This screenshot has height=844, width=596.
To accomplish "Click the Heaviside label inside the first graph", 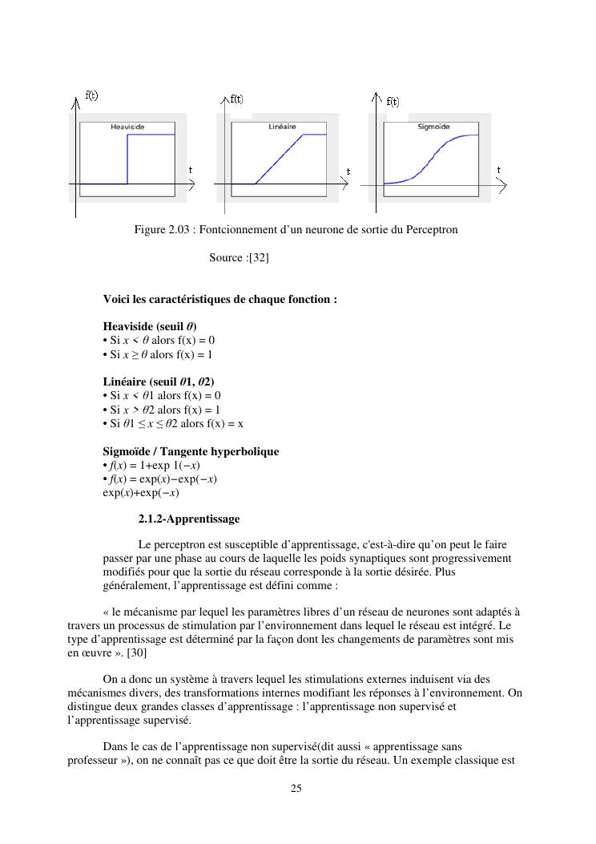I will pos(127,127).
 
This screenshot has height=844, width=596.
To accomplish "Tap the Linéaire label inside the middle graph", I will pos(282,127).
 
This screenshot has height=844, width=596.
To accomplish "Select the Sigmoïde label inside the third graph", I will pos(434,127).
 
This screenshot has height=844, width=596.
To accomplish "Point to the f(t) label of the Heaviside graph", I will pos(92,95).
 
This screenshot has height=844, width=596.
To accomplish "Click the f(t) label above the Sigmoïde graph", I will pos(393,102).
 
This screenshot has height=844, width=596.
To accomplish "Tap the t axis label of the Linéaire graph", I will pos(348,171).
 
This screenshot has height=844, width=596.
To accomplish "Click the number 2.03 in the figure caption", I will pos(179,230).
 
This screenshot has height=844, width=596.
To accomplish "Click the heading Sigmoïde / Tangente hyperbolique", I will pos(191,451).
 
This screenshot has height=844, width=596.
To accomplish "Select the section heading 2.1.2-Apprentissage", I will pos(188,519).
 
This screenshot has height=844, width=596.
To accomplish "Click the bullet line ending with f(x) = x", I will pos(173,423).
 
